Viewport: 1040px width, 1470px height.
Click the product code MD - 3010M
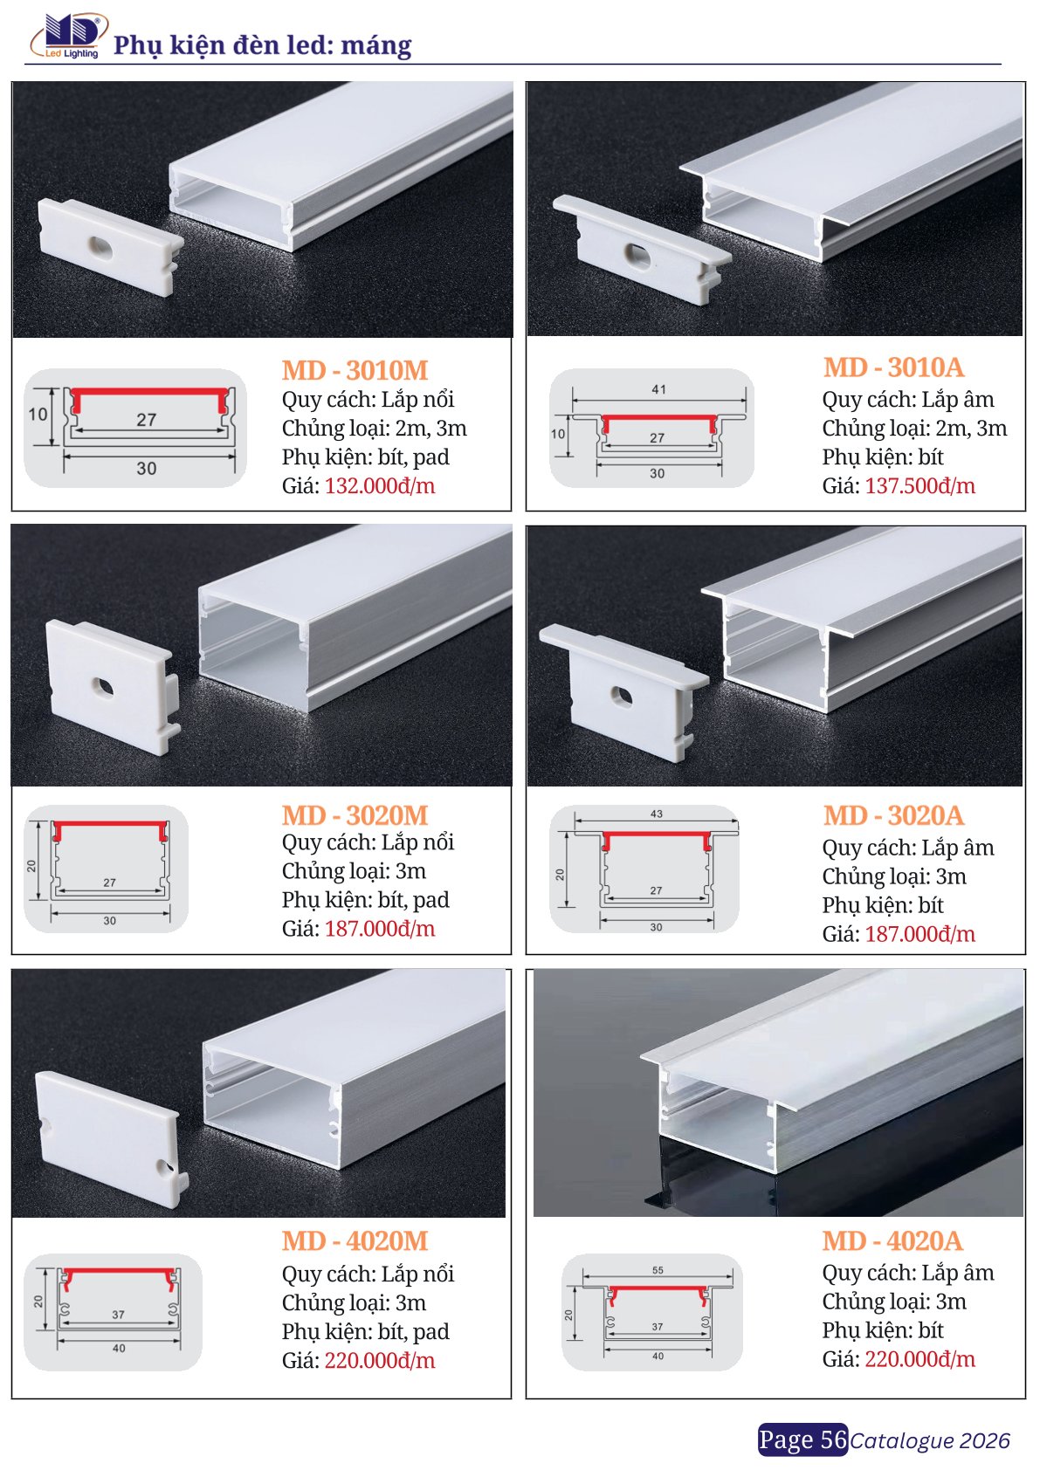click(355, 370)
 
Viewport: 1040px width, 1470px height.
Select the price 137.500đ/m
click(919, 485)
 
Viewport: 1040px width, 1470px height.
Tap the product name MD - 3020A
click(893, 815)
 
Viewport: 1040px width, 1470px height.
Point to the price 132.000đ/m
click(380, 485)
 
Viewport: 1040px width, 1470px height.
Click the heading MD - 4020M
click(355, 1240)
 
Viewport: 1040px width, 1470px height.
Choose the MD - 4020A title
click(892, 1240)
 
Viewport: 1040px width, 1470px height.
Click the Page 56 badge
click(802, 1439)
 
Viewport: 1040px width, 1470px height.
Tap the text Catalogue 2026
click(930, 1440)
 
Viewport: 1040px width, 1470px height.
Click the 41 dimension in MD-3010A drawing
click(658, 389)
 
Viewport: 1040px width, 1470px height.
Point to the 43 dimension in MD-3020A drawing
click(656, 814)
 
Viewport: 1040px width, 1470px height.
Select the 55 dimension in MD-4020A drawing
click(658, 1270)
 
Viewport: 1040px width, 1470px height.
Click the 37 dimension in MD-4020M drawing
click(118, 1314)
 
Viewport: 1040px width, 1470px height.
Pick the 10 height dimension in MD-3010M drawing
click(38, 414)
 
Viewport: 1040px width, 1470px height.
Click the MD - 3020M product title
click(355, 815)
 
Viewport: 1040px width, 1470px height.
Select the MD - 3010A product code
click(893, 367)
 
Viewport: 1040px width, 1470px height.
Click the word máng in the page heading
click(376, 45)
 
